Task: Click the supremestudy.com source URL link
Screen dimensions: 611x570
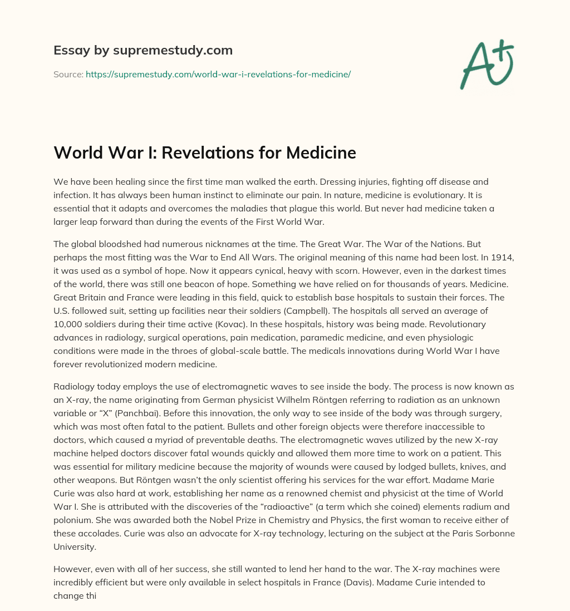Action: [218, 74]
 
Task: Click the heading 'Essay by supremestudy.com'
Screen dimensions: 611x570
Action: [143, 51]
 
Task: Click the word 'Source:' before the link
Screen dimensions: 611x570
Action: [68, 74]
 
